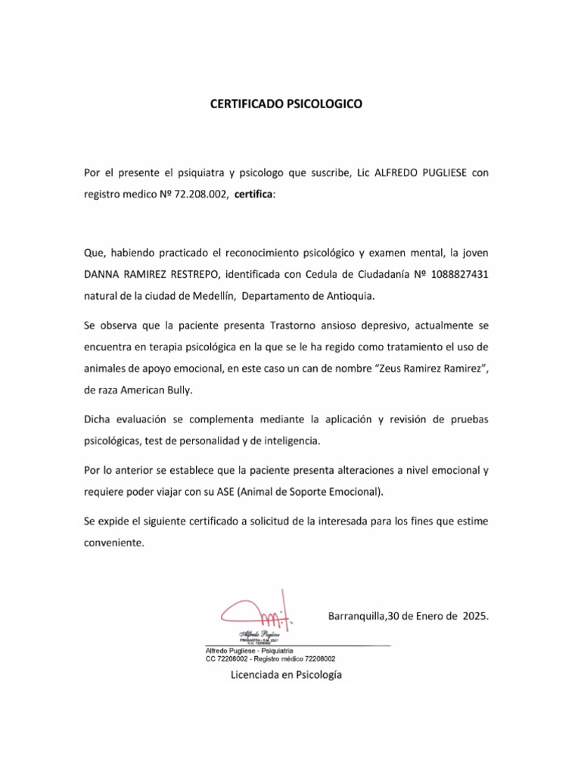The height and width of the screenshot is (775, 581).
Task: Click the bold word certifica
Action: [255, 195]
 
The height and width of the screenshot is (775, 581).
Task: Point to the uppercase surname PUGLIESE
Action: [438, 173]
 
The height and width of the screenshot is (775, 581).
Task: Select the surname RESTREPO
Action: [192, 273]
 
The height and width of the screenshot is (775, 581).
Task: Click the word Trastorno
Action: [295, 325]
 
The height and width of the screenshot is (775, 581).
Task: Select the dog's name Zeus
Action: [393, 369]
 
